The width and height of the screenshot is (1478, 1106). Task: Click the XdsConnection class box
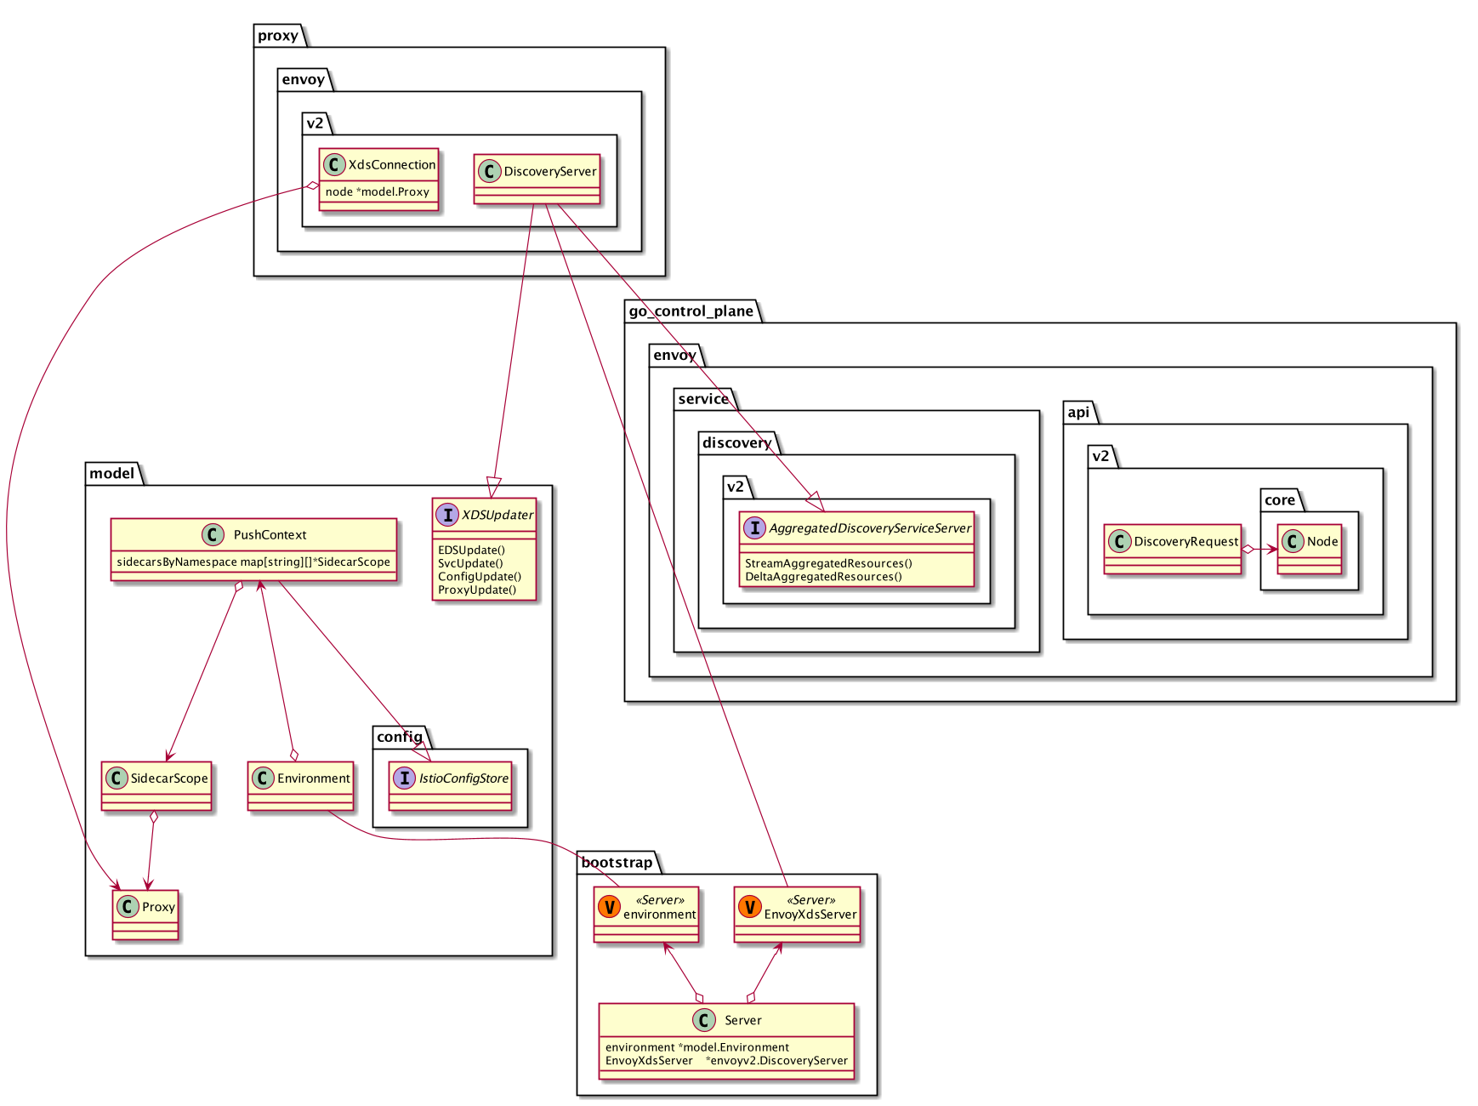click(x=379, y=179)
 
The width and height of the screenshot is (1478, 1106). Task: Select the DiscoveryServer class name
click(x=549, y=172)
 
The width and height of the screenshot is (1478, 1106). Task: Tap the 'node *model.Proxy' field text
click(x=377, y=192)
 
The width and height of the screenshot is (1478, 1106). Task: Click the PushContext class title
click(x=270, y=535)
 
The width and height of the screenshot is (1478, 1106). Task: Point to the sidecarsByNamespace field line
click(x=253, y=562)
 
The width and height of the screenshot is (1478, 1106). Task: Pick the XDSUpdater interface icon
click(x=446, y=515)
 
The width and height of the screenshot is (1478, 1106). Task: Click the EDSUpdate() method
click(x=471, y=550)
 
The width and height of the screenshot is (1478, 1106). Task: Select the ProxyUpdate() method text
click(x=476, y=590)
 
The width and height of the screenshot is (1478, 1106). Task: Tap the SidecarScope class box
click(x=156, y=785)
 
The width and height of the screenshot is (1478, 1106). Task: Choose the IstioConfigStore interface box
click(x=451, y=785)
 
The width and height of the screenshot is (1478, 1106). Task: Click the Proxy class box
click(x=145, y=915)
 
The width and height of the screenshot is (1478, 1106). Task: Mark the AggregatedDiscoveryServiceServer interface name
click(x=869, y=528)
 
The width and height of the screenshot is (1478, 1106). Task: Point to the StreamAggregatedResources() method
click(x=828, y=563)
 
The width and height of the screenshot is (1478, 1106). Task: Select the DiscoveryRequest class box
click(x=1173, y=549)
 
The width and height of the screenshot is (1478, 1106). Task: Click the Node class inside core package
click(x=1310, y=549)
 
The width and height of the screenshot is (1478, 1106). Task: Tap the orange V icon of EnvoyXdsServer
click(x=749, y=908)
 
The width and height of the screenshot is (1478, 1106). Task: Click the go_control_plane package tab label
click(x=691, y=311)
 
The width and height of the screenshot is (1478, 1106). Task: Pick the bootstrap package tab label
click(x=617, y=863)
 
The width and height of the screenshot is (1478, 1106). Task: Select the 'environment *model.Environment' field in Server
click(x=696, y=1047)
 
